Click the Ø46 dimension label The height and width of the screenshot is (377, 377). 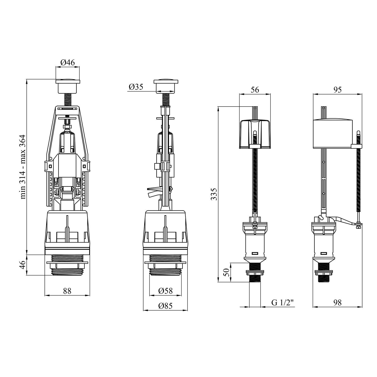67,62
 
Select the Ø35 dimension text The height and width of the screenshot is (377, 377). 136,87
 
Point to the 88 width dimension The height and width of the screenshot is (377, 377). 67,291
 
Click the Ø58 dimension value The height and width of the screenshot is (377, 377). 165,291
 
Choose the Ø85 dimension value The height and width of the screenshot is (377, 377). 165,306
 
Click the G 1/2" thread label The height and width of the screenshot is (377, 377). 282,303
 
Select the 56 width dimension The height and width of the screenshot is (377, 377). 255,90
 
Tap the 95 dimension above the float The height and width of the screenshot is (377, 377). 338,90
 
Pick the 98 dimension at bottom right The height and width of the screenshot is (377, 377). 338,303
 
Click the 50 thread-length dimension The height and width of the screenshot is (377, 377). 226,272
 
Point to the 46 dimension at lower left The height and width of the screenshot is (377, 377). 23,265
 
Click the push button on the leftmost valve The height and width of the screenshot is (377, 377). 67,85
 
